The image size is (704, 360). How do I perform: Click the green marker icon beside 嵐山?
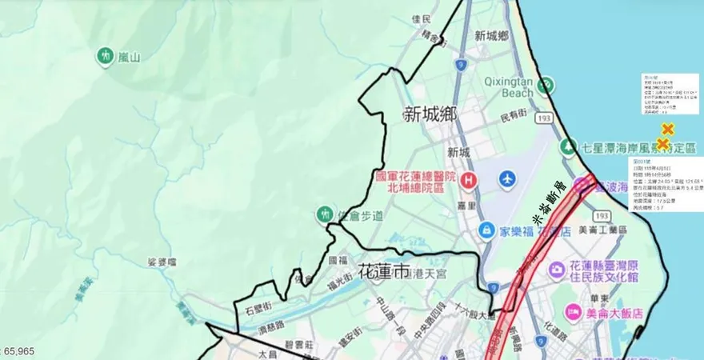pyautogui.click(x=105, y=56)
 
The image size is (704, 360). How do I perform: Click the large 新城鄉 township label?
pyautogui.click(x=430, y=115)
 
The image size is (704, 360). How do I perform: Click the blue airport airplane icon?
pyautogui.click(x=506, y=179)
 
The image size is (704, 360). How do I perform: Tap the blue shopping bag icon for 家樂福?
pyautogui.click(x=486, y=231)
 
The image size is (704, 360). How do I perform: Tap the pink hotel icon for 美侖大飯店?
pyautogui.click(x=572, y=312)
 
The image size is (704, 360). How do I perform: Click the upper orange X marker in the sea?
pyautogui.click(x=665, y=130)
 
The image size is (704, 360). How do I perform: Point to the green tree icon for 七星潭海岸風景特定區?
pyautogui.click(x=568, y=146)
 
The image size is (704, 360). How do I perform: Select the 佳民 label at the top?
pyautogui.click(x=420, y=18)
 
